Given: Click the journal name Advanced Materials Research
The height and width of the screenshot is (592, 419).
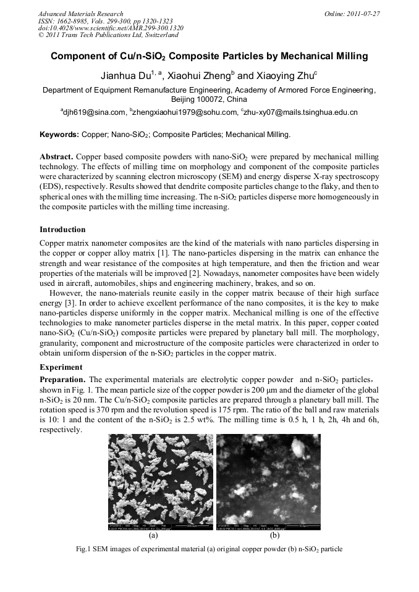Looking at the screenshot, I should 80,14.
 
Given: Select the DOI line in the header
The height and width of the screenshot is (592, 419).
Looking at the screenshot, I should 111,28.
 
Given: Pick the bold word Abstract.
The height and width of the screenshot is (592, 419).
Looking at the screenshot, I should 56,157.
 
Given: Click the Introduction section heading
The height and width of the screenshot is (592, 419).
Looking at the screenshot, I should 62,229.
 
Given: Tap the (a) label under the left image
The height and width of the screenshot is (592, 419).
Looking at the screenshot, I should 154,536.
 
